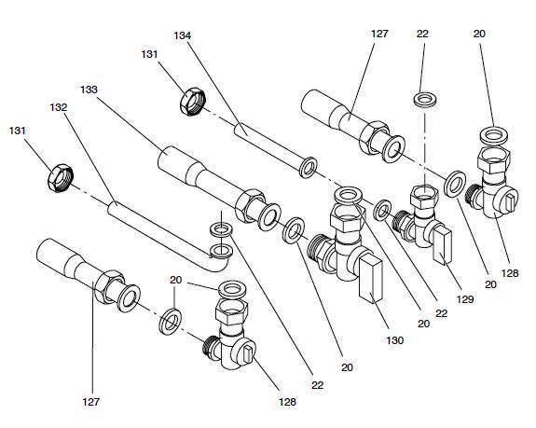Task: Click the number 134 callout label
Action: pos(182,35)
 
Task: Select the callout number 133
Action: pos(89,90)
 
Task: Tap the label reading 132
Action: pos(59,107)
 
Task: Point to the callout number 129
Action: pos(465,299)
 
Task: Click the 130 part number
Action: pos(395,340)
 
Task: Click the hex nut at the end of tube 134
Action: pos(192,102)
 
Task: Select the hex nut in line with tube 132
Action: pos(61,178)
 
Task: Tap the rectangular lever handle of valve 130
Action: pos(371,281)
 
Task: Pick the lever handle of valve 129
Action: pos(443,246)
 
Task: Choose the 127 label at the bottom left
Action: pos(91,402)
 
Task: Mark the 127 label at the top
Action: pos(379,34)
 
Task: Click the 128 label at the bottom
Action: pos(287,402)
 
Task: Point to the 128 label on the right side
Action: pos(510,273)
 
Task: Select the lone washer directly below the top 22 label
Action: pos(424,99)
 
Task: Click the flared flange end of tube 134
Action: pos(308,168)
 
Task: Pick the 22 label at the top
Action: pos(422,34)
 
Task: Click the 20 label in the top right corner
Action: pos(479,34)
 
